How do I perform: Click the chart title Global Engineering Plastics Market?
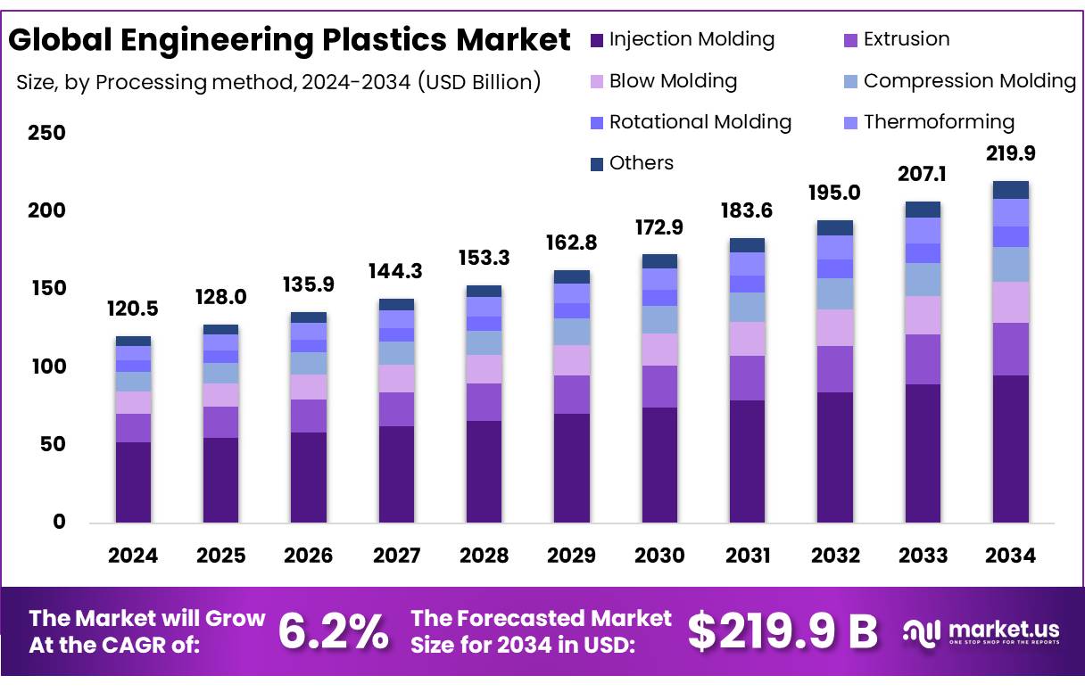pyautogui.click(x=289, y=40)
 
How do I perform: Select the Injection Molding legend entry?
pyautogui.click(x=683, y=39)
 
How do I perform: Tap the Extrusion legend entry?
pyautogui.click(x=896, y=39)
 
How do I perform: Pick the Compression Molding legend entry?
pyautogui.click(x=959, y=81)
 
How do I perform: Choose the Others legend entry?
pyautogui.click(x=632, y=163)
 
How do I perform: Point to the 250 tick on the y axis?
pyautogui.click(x=47, y=134)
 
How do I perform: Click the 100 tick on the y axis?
pyautogui.click(x=47, y=367)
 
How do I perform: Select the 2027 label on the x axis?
pyautogui.click(x=396, y=556)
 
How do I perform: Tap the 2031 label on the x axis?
pyautogui.click(x=747, y=556)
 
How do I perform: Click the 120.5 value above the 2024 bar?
pyautogui.click(x=133, y=310)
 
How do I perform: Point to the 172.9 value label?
pyautogui.click(x=659, y=227)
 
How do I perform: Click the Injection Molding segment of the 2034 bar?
pyautogui.click(x=1010, y=449)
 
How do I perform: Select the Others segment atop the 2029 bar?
pyautogui.click(x=572, y=276)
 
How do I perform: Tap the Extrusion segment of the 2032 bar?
pyautogui.click(x=834, y=369)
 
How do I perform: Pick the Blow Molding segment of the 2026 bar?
pyautogui.click(x=309, y=387)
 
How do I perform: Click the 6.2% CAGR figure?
pyautogui.click(x=333, y=631)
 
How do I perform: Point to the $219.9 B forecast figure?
pyautogui.click(x=783, y=631)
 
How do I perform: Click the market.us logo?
pyautogui.click(x=981, y=632)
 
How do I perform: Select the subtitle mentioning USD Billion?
pyautogui.click(x=278, y=83)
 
